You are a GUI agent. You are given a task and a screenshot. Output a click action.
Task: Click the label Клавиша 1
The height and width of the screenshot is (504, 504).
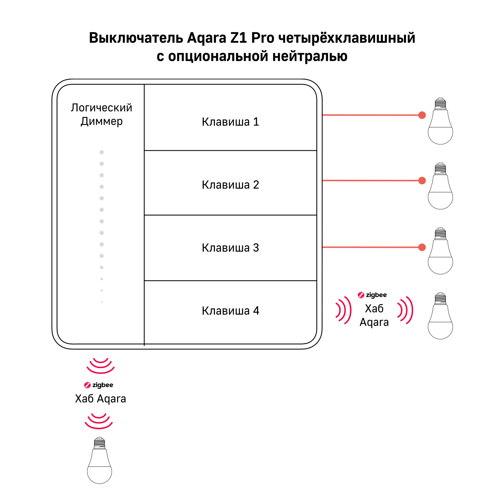click(x=230, y=122)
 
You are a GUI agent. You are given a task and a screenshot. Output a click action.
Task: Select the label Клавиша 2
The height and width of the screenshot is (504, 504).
click(x=230, y=185)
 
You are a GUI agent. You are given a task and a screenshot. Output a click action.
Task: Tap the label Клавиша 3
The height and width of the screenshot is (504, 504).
click(x=230, y=248)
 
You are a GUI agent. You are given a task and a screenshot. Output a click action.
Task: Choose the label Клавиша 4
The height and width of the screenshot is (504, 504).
click(x=230, y=311)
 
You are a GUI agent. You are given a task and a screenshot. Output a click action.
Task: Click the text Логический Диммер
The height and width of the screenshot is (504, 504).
click(x=101, y=114)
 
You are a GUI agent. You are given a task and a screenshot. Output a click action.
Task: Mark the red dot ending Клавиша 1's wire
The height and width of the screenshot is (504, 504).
click(x=422, y=115)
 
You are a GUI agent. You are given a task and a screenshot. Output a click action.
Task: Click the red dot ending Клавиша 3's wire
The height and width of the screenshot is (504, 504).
click(x=422, y=247)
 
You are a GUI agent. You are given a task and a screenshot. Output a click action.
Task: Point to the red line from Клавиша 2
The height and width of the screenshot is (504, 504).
click(x=371, y=180)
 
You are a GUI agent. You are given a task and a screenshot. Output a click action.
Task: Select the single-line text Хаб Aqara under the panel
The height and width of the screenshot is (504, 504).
click(x=100, y=399)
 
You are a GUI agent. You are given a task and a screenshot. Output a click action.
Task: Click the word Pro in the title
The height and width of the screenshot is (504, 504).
click(x=262, y=38)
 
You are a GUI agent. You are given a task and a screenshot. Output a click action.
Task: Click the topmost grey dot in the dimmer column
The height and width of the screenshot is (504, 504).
click(x=102, y=152)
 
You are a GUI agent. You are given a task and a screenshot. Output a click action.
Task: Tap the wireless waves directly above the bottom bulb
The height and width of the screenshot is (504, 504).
click(x=99, y=421)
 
